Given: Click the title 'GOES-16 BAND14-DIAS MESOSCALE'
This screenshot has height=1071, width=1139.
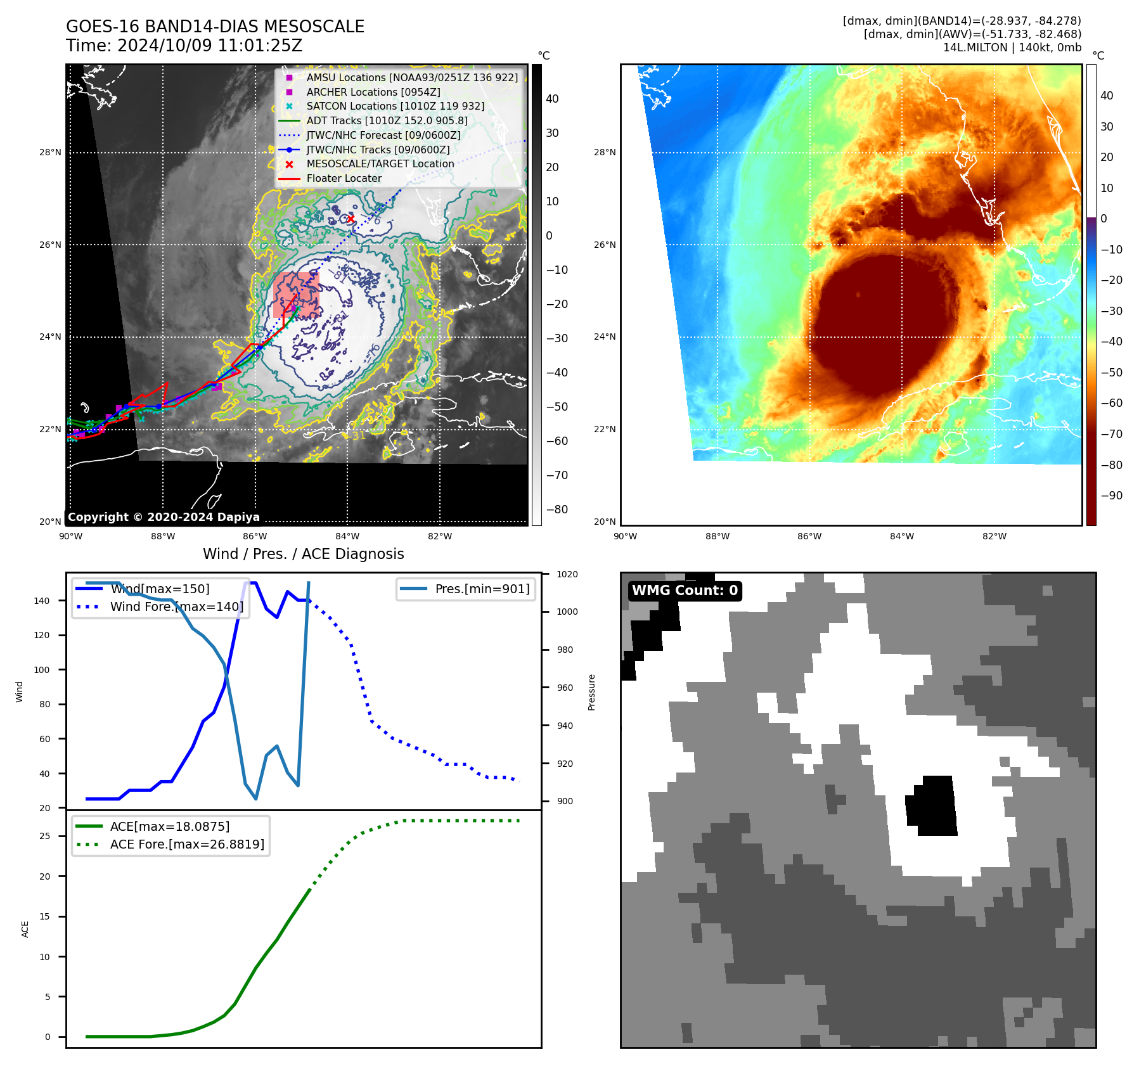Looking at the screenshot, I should (x=215, y=27).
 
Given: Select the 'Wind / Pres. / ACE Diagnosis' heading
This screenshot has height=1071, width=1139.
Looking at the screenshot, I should (x=303, y=554).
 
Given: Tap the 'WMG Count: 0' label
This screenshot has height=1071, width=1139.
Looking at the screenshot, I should (x=685, y=591).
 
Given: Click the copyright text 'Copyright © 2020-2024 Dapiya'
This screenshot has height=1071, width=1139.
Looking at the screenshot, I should (x=164, y=517).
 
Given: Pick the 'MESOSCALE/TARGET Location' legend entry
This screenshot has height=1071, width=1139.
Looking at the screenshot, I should (x=380, y=164).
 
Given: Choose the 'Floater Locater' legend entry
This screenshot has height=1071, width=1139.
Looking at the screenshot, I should (x=344, y=179).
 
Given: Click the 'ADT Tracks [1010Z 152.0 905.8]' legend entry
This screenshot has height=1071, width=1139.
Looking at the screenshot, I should (x=387, y=120).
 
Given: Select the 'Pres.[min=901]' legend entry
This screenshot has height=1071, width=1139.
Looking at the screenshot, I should (x=482, y=589).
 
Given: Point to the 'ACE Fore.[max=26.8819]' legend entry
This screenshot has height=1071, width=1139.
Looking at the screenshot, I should (x=187, y=844).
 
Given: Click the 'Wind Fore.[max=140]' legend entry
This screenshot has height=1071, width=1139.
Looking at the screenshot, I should (x=176, y=606).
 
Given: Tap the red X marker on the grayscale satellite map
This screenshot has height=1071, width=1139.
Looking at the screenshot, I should (x=351, y=219).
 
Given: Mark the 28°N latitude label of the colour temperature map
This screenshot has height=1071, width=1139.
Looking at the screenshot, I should (x=605, y=152).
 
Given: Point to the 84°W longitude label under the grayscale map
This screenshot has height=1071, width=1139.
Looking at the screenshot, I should (x=347, y=536).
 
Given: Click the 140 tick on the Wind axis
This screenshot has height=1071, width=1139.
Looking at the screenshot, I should (x=42, y=601).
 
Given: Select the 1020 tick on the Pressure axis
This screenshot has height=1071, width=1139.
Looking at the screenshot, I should (x=567, y=574).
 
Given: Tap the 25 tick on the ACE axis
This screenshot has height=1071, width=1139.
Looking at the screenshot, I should (x=44, y=836).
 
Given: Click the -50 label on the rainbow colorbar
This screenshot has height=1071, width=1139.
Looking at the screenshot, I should (x=1111, y=372).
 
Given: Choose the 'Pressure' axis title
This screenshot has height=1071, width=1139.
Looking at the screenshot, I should (x=591, y=692).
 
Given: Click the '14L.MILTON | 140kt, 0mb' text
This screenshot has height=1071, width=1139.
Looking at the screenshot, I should (x=1012, y=48).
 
